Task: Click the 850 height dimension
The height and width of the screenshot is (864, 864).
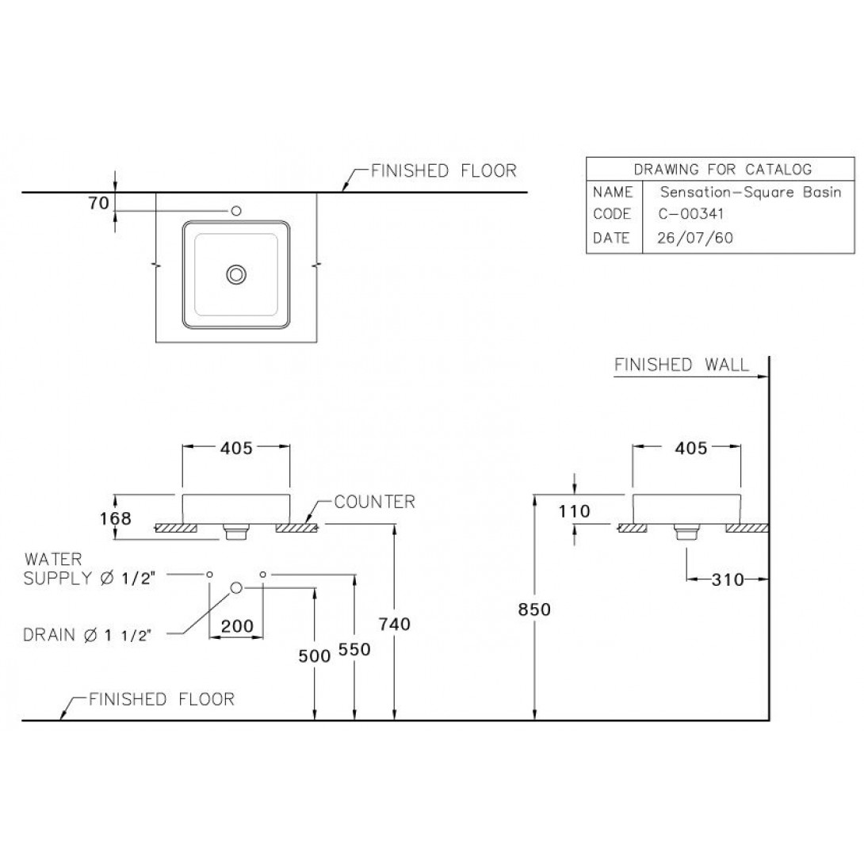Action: click(534, 610)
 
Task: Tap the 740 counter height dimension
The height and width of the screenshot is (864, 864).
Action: click(395, 625)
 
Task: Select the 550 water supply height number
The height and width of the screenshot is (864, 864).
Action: click(354, 650)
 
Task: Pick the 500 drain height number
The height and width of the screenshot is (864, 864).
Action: click(315, 656)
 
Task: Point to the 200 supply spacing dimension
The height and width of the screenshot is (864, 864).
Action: click(237, 626)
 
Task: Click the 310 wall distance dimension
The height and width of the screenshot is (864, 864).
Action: click(728, 579)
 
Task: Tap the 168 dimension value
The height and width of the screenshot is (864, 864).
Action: click(116, 518)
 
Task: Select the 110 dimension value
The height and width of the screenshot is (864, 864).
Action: click(574, 511)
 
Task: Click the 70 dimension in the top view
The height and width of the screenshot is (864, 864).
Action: click(98, 204)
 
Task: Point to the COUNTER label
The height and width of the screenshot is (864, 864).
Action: click(375, 502)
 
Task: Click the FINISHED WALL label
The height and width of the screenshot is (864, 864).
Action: click(682, 365)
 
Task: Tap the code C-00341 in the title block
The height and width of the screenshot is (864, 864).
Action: click(691, 214)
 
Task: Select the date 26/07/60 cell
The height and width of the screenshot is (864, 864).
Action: click(695, 238)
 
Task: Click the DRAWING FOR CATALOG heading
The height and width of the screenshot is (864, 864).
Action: click(723, 169)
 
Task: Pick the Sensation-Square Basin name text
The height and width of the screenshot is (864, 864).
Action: click(751, 193)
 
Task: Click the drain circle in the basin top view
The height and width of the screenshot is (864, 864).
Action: click(236, 274)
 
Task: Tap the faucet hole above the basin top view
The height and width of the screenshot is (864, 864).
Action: click(236, 211)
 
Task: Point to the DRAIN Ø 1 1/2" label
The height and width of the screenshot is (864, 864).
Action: click(86, 636)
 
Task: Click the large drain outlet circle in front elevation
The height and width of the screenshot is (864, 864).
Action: click(236, 588)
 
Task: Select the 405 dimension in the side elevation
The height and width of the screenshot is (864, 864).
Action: click(691, 448)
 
